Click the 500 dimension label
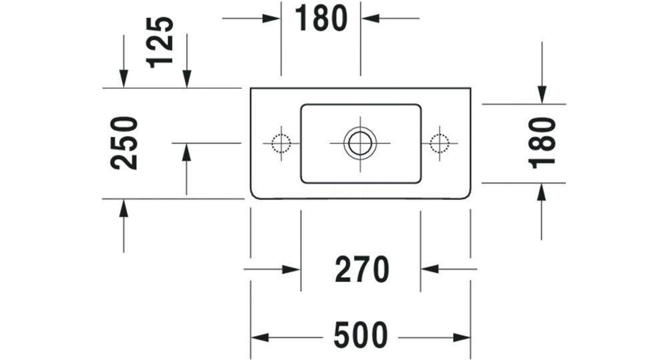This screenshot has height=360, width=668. [x=361, y=335]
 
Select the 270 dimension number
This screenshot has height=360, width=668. [x=361, y=269]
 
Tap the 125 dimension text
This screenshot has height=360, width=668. [x=160, y=42]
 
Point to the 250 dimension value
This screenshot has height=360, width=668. [x=124, y=143]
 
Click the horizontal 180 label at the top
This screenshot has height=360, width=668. [x=321, y=18]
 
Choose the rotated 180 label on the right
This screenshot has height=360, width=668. [x=542, y=143]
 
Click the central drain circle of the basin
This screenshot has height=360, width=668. [x=360, y=143]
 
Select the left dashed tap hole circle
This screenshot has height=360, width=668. [x=281, y=143]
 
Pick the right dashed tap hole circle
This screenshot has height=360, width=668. [x=440, y=143]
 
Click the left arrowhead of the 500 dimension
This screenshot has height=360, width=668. [x=260, y=338]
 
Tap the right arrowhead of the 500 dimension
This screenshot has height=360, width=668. [x=462, y=338]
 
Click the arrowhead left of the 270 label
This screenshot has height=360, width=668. [x=291, y=269]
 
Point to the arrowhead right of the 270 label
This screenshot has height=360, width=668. [x=430, y=269]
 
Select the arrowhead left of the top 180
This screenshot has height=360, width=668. [x=271, y=18]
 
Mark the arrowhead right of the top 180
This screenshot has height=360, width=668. [x=370, y=18]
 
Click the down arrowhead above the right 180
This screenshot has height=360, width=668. [x=542, y=95]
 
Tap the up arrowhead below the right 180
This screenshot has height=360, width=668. [x=542, y=192]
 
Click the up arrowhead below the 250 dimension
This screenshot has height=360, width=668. [x=124, y=208]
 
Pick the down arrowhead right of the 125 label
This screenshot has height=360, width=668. [x=186, y=79]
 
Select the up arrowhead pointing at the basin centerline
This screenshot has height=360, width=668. [x=186, y=152]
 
